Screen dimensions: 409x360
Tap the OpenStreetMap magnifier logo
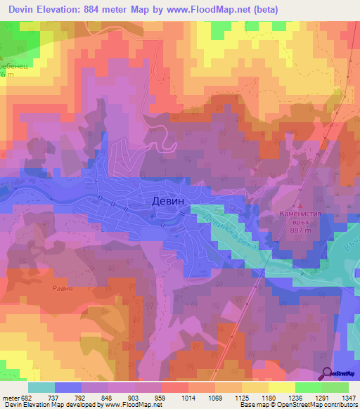pyautogui.click(x=328, y=373)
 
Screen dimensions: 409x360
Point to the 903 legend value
pyautogui.click(x=135, y=397)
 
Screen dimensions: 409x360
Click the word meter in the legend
pyautogui.click(x=11, y=397)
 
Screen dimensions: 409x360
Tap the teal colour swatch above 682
pyautogui.click(x=41, y=387)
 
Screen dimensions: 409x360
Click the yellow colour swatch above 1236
pyautogui.click(x=281, y=387)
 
